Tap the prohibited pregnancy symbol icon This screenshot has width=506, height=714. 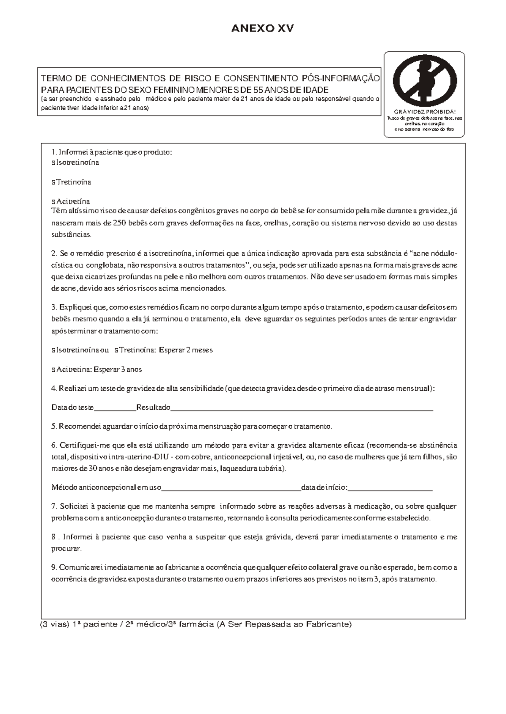click(424, 80)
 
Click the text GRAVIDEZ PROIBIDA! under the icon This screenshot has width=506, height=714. click(424, 112)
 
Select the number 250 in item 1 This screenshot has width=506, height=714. click(120, 223)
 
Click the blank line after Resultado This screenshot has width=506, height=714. click(301, 408)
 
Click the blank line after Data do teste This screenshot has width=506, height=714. click(115, 408)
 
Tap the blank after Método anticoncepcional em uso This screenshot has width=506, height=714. click(231, 488)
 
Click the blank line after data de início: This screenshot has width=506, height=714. click(390, 488)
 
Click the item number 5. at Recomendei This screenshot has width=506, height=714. click(54, 427)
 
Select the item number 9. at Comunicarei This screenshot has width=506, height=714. click(54, 567)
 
